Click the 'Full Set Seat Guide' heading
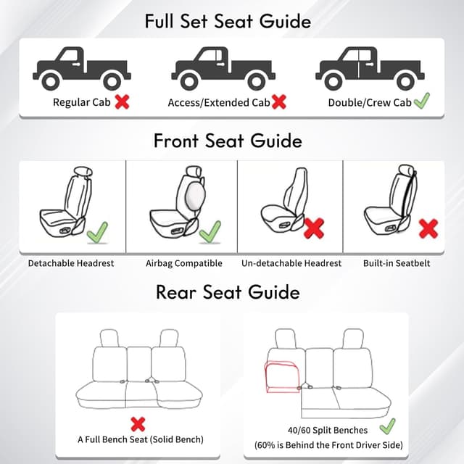pos(228,21)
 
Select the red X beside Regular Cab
pos(122,101)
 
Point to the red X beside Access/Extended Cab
pos(278,101)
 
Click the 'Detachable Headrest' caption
pos(71,263)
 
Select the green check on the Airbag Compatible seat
pos(210,232)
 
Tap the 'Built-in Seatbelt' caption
pos(397,263)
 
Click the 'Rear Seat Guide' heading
pos(228,292)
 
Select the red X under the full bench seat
pos(137,424)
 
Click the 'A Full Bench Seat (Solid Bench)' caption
pos(141,439)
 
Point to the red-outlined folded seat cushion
pos(283,377)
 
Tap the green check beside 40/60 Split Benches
pos(387,425)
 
